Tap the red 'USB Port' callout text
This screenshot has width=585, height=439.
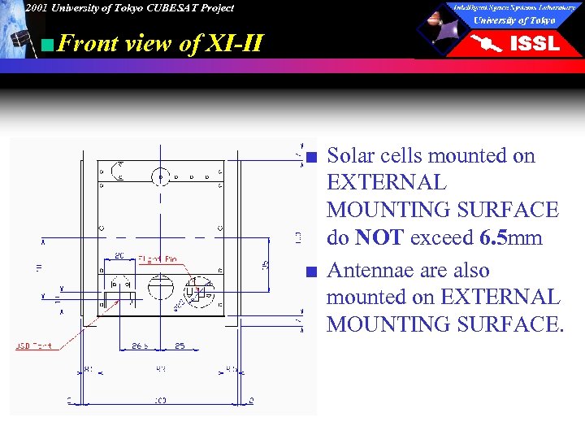(x=33, y=346)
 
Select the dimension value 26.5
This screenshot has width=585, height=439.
(x=141, y=346)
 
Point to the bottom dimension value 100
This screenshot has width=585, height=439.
(x=160, y=400)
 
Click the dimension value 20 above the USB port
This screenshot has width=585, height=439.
(x=119, y=256)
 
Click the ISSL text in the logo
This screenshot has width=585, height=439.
(x=534, y=44)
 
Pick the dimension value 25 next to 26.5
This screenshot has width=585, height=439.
(x=180, y=346)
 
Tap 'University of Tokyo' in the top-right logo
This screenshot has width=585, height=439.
(x=514, y=20)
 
